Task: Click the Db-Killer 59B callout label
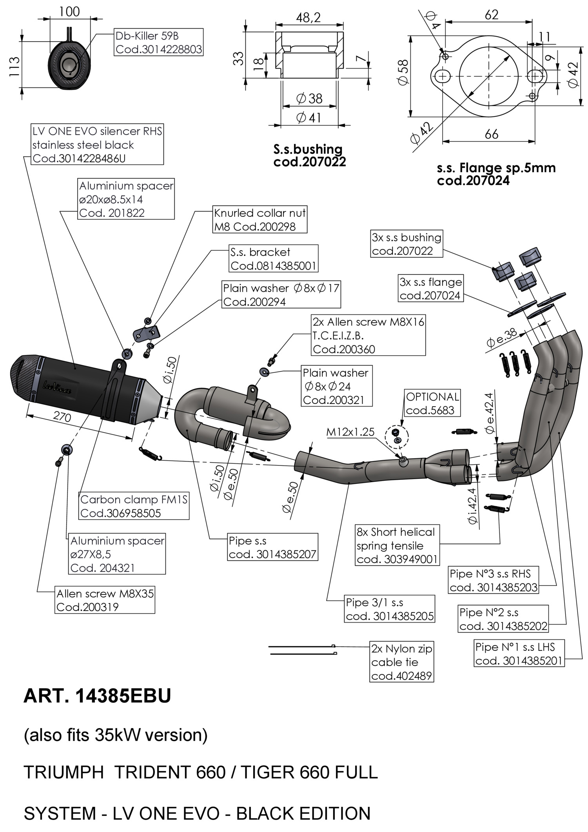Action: click(x=159, y=42)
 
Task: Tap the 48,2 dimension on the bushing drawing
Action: click(x=309, y=17)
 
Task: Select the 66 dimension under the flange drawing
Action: click(x=492, y=134)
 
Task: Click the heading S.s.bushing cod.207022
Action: click(x=309, y=155)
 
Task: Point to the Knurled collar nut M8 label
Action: click(x=260, y=220)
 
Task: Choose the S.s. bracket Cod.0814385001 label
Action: click(x=273, y=259)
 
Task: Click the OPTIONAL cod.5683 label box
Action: click(x=432, y=403)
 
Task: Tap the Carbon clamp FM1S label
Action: click(x=134, y=506)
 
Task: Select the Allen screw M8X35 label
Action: click(x=105, y=600)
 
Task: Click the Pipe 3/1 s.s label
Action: click(x=390, y=609)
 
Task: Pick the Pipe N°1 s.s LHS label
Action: click(x=519, y=654)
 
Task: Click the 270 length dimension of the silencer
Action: click(x=62, y=416)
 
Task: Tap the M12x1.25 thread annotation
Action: click(x=350, y=432)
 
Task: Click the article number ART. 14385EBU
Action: click(x=97, y=696)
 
